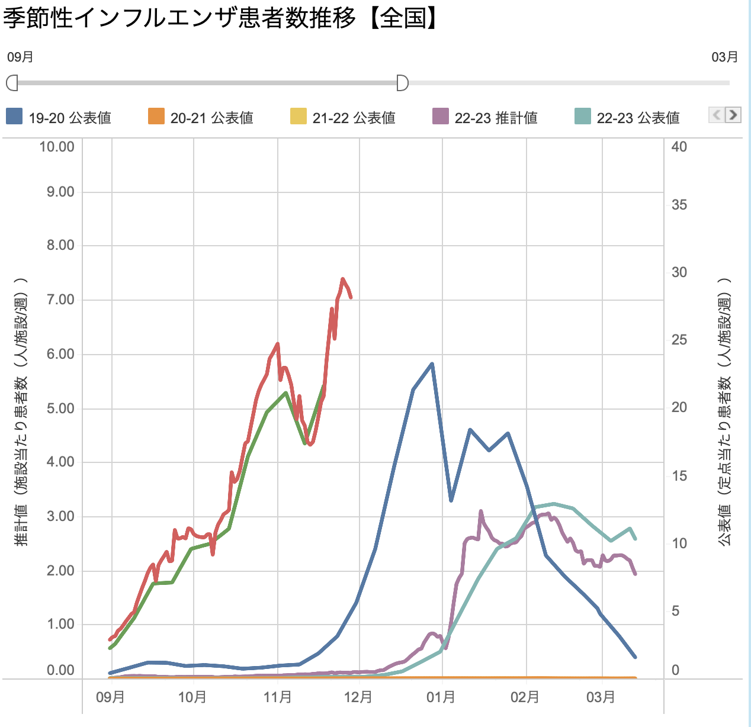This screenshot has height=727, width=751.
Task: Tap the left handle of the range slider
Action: coord(12,83)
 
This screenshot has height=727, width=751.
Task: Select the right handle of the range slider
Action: coord(402,83)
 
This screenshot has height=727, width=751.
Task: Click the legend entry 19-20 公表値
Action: coord(59,118)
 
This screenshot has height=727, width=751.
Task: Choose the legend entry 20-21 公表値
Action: coord(201,118)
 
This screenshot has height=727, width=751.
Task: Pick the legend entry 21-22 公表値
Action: coord(343,118)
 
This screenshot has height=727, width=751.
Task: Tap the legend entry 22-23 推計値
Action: coord(485,118)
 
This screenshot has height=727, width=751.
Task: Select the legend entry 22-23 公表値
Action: coord(627,118)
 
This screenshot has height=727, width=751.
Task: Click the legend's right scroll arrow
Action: coord(733,115)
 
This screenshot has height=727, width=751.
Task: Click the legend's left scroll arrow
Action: coord(717,115)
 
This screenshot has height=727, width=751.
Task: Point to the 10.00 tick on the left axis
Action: coord(57,147)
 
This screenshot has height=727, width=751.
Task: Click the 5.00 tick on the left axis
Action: coord(60,408)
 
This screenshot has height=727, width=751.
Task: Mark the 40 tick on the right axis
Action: coord(679,147)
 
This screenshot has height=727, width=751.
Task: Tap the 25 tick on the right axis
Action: coord(679,340)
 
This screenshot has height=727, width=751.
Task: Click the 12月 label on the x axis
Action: coord(358,697)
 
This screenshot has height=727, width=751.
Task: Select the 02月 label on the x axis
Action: coord(525,697)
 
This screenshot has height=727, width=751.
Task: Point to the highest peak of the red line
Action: coord(343,279)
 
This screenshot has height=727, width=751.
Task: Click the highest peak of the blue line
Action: coord(432,363)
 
